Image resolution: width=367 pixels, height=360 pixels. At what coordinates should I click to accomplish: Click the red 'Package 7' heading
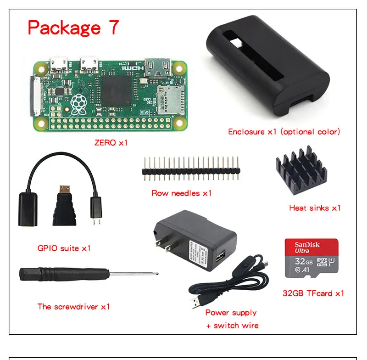click(x=73, y=28)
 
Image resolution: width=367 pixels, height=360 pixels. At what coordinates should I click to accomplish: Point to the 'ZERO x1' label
click(x=111, y=143)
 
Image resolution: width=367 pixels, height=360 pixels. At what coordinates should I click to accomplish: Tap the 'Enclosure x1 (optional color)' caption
click(x=284, y=132)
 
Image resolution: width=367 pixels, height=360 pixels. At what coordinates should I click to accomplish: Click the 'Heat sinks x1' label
click(x=315, y=208)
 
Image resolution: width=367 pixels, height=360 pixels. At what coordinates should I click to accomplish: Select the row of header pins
click(x=191, y=169)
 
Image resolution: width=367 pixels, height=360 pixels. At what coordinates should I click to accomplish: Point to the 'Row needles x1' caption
click(x=182, y=193)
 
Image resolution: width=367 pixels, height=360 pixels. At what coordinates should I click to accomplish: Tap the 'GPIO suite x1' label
click(x=64, y=248)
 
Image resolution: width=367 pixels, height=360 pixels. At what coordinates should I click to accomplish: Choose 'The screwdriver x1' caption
click(x=73, y=306)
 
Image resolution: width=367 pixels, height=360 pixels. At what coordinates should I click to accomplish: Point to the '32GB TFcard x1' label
click(x=313, y=293)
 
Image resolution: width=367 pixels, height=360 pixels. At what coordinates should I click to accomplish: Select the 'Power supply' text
click(x=231, y=313)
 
